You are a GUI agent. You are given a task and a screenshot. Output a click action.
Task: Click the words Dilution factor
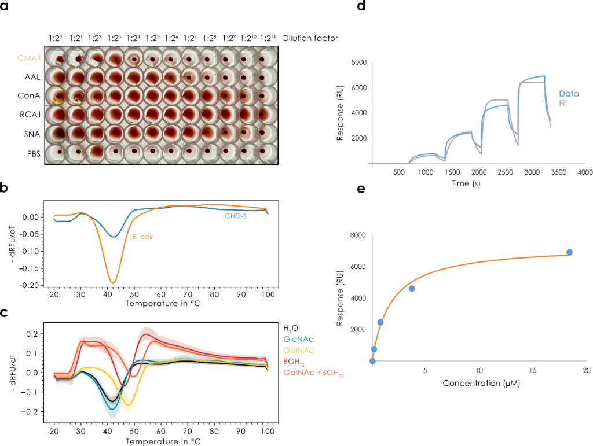310,38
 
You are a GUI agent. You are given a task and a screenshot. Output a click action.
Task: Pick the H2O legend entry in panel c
291,328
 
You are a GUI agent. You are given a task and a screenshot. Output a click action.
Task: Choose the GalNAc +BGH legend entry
313,375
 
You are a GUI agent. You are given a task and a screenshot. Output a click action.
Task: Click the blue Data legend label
569,93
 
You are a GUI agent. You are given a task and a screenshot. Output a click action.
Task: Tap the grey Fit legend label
563,103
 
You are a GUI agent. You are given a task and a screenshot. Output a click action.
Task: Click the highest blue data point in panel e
569,252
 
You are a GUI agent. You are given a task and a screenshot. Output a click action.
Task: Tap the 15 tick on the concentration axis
533,370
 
